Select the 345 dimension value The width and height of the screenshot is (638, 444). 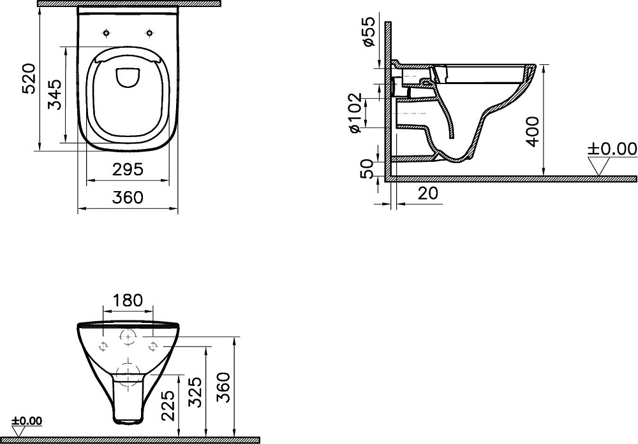[55, 95]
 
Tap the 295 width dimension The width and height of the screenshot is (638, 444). [128, 169]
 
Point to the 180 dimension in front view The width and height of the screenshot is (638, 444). [128, 300]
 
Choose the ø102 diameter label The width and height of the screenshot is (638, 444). [354, 113]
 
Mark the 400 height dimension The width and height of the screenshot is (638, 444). [532, 131]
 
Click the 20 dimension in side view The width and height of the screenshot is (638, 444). [427, 193]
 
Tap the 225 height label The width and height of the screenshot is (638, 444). [168, 405]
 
